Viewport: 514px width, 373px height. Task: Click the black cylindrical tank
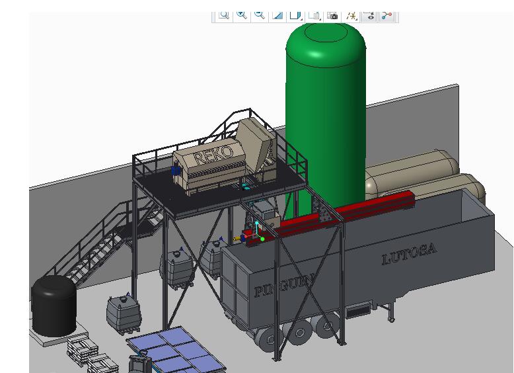54,306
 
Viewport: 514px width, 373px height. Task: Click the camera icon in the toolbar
333,15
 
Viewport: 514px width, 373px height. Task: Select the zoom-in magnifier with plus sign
242,15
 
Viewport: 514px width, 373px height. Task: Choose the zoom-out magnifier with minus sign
260,15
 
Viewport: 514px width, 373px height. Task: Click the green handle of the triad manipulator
262,239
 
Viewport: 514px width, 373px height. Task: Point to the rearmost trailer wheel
270,339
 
